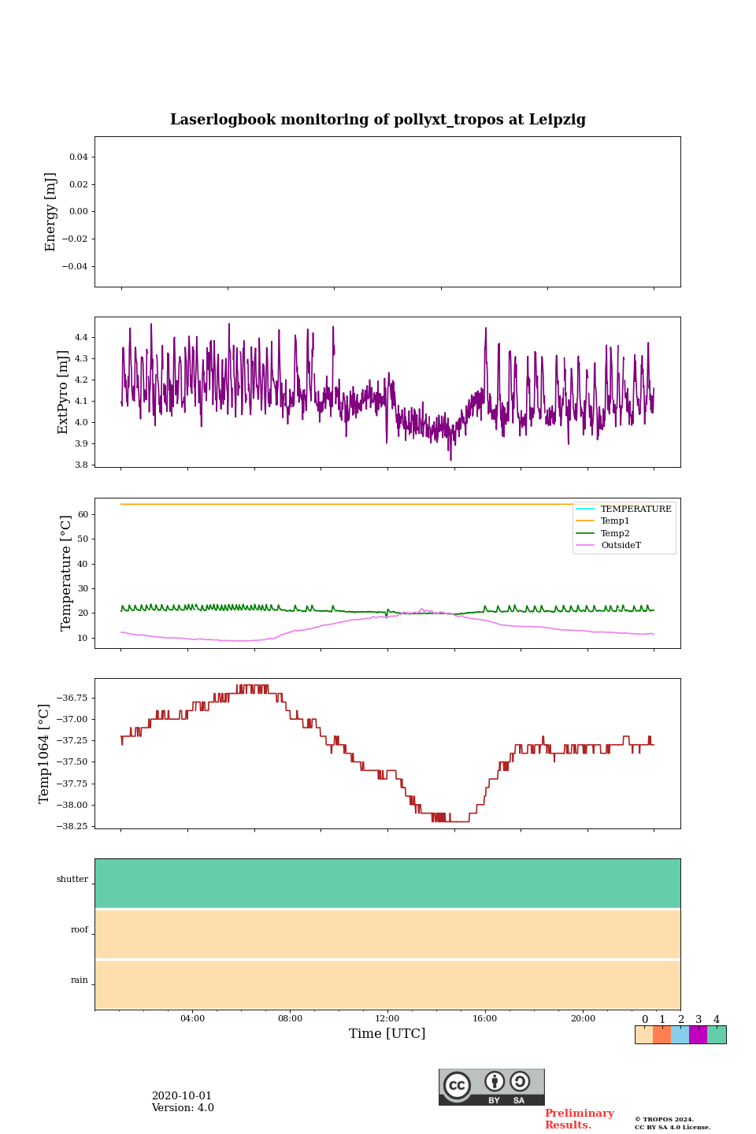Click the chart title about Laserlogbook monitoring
click(x=378, y=120)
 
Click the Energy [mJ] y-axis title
click(x=51, y=212)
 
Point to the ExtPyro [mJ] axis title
click(x=64, y=392)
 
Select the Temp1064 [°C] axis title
click(x=45, y=754)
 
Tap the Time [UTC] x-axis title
click(x=387, y=1033)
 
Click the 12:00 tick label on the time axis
click(x=387, y=1018)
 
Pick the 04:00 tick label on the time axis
click(x=192, y=1018)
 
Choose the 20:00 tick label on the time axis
click(x=583, y=1018)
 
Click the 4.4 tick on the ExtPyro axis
click(x=80, y=337)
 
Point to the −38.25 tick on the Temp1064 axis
click(x=73, y=826)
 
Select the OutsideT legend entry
click(x=621, y=545)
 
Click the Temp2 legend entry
click(x=615, y=533)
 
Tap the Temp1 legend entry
click(x=615, y=521)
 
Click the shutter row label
click(x=72, y=879)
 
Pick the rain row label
click(x=80, y=980)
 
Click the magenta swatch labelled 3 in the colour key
click(x=698, y=1035)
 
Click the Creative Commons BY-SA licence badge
click(x=491, y=1087)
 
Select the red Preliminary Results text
click(x=579, y=1119)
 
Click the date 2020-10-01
click(x=182, y=1095)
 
